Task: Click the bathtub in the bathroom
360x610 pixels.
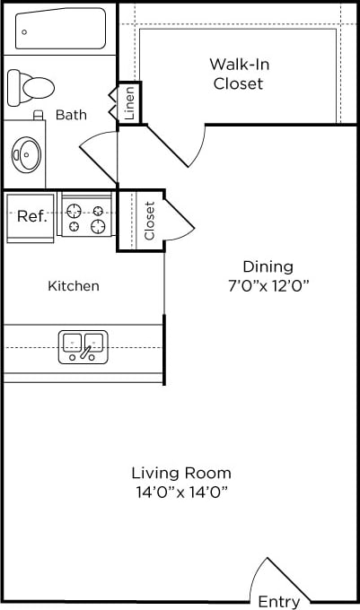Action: coord(61,30)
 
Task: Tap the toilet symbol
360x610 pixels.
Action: coord(31,87)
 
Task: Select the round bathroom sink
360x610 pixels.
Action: coord(27,154)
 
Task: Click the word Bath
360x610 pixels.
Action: coord(71,115)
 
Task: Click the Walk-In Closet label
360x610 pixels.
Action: coord(238,74)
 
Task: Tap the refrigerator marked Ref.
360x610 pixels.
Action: coord(31,216)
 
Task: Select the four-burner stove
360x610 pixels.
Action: coord(86,217)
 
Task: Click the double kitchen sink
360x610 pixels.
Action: coord(83,346)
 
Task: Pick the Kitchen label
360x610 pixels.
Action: coord(74,286)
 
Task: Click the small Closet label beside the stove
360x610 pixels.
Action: coord(150,221)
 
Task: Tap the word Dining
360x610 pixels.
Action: coord(268,266)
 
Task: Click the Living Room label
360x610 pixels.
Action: coord(181,473)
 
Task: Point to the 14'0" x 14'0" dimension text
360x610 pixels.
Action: coord(181,492)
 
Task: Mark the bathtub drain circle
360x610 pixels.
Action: coord(24,32)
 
